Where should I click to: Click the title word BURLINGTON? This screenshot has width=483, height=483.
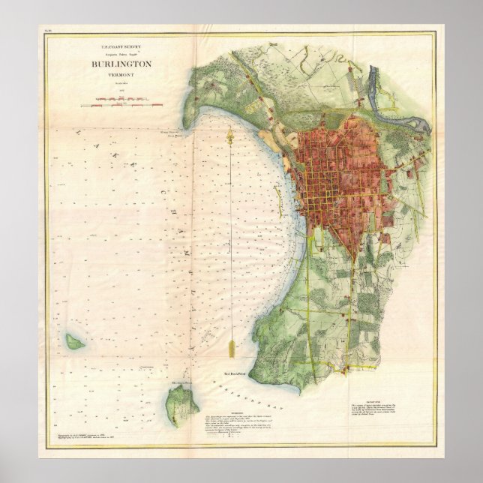(121, 64)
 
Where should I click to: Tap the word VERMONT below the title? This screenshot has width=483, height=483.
(121, 74)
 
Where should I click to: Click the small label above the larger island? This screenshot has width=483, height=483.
(183, 380)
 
